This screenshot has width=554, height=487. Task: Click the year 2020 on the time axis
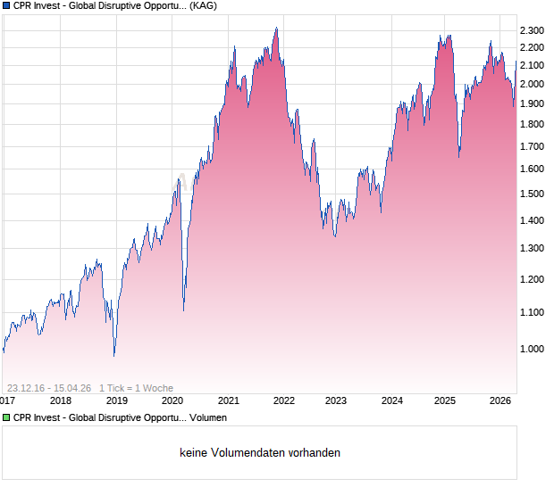coord(172,400)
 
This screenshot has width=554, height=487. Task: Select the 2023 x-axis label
coord(336,400)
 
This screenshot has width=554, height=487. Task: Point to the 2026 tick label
coord(499,400)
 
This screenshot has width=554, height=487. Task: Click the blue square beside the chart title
coord(7,5)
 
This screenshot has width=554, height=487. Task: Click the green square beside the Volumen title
coord(7,417)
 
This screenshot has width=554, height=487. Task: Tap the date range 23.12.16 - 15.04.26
coord(48,388)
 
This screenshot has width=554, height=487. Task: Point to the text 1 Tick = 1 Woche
coord(136,388)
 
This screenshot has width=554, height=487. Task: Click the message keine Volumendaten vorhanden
coord(260,453)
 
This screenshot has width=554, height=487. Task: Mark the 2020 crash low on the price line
coord(184,310)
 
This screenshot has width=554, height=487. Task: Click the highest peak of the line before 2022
coord(276,29)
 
